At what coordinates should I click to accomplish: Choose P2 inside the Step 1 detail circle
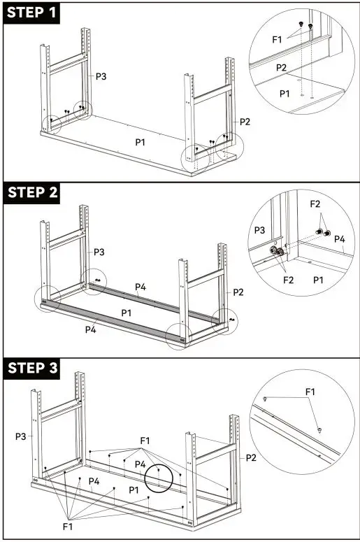pos(281,67)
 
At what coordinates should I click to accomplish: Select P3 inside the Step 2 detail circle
pos(259,229)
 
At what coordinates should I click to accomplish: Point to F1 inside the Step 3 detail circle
pos(310,393)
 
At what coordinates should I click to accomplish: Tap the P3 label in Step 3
pos(22,436)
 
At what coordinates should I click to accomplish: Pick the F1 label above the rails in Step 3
pos(144,441)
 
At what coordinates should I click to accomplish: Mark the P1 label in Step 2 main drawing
pos(127,312)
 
